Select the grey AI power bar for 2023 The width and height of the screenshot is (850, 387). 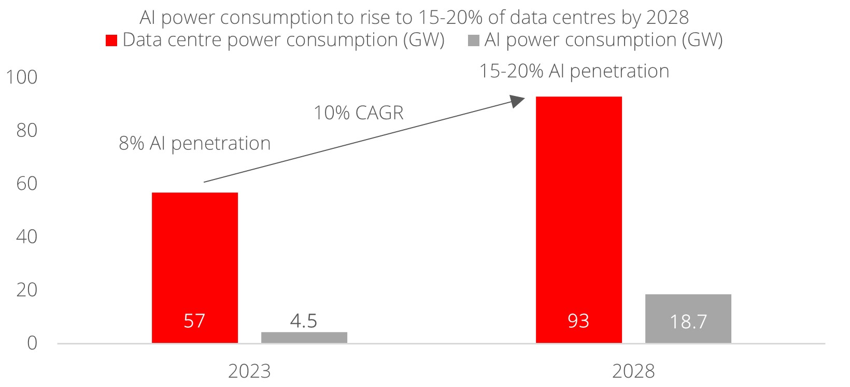[304, 338]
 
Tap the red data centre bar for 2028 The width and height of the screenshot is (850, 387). [578, 208]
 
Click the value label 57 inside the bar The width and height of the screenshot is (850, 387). [194, 321]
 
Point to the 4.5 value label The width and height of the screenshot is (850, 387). [304, 321]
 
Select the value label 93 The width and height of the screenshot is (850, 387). [578, 321]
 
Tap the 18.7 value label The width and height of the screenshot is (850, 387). [688, 322]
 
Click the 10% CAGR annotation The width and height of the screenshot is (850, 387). [358, 113]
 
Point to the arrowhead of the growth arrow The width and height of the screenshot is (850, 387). [518, 101]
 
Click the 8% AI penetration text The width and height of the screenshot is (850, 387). [194, 143]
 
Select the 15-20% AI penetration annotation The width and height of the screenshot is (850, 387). [574, 71]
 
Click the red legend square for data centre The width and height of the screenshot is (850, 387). [111, 41]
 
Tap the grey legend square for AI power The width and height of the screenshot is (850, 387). [473, 41]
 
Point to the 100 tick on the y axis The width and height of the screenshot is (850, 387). [21, 77]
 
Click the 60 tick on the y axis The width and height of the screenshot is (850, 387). [26, 184]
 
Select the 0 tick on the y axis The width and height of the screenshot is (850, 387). [32, 343]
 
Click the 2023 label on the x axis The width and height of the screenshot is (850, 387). [249, 371]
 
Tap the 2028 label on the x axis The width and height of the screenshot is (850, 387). [633, 371]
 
